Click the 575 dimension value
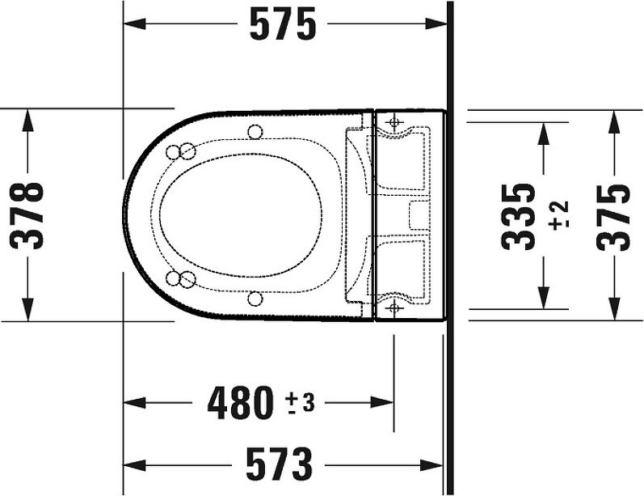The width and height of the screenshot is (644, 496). [283, 24]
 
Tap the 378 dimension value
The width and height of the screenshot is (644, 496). [27, 216]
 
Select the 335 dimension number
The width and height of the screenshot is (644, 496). [519, 216]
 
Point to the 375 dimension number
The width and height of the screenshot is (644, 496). [613, 217]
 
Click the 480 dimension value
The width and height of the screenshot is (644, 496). [240, 403]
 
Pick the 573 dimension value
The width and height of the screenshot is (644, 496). [280, 464]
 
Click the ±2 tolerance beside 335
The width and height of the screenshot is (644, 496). [558, 215]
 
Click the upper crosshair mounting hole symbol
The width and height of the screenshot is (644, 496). [394, 122]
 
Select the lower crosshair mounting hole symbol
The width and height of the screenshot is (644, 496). [394, 307]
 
